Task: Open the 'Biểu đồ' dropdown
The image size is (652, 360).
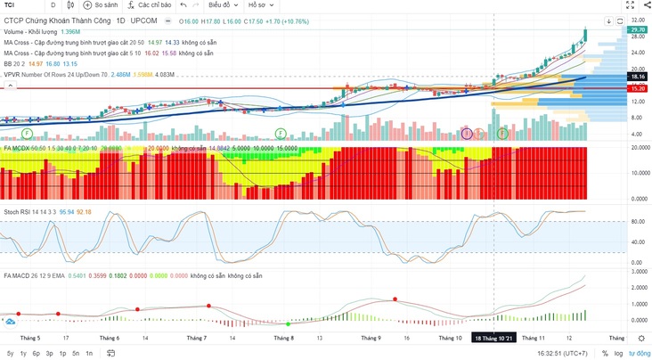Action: (235, 4)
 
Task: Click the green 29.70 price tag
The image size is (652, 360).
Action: (637, 29)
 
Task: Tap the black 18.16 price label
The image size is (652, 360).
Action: (637, 78)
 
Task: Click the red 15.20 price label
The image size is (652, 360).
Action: (637, 89)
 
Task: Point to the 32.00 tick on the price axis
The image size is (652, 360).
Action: (637, 20)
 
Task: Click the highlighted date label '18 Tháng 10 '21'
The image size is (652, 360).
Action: (494, 339)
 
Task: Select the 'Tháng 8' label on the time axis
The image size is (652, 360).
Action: (283, 339)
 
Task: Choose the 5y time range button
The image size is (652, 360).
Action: (10, 353)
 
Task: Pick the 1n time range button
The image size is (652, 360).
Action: (89, 353)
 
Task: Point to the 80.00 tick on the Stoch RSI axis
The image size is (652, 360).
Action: (637, 222)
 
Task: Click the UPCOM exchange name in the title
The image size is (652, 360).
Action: (143, 20)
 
